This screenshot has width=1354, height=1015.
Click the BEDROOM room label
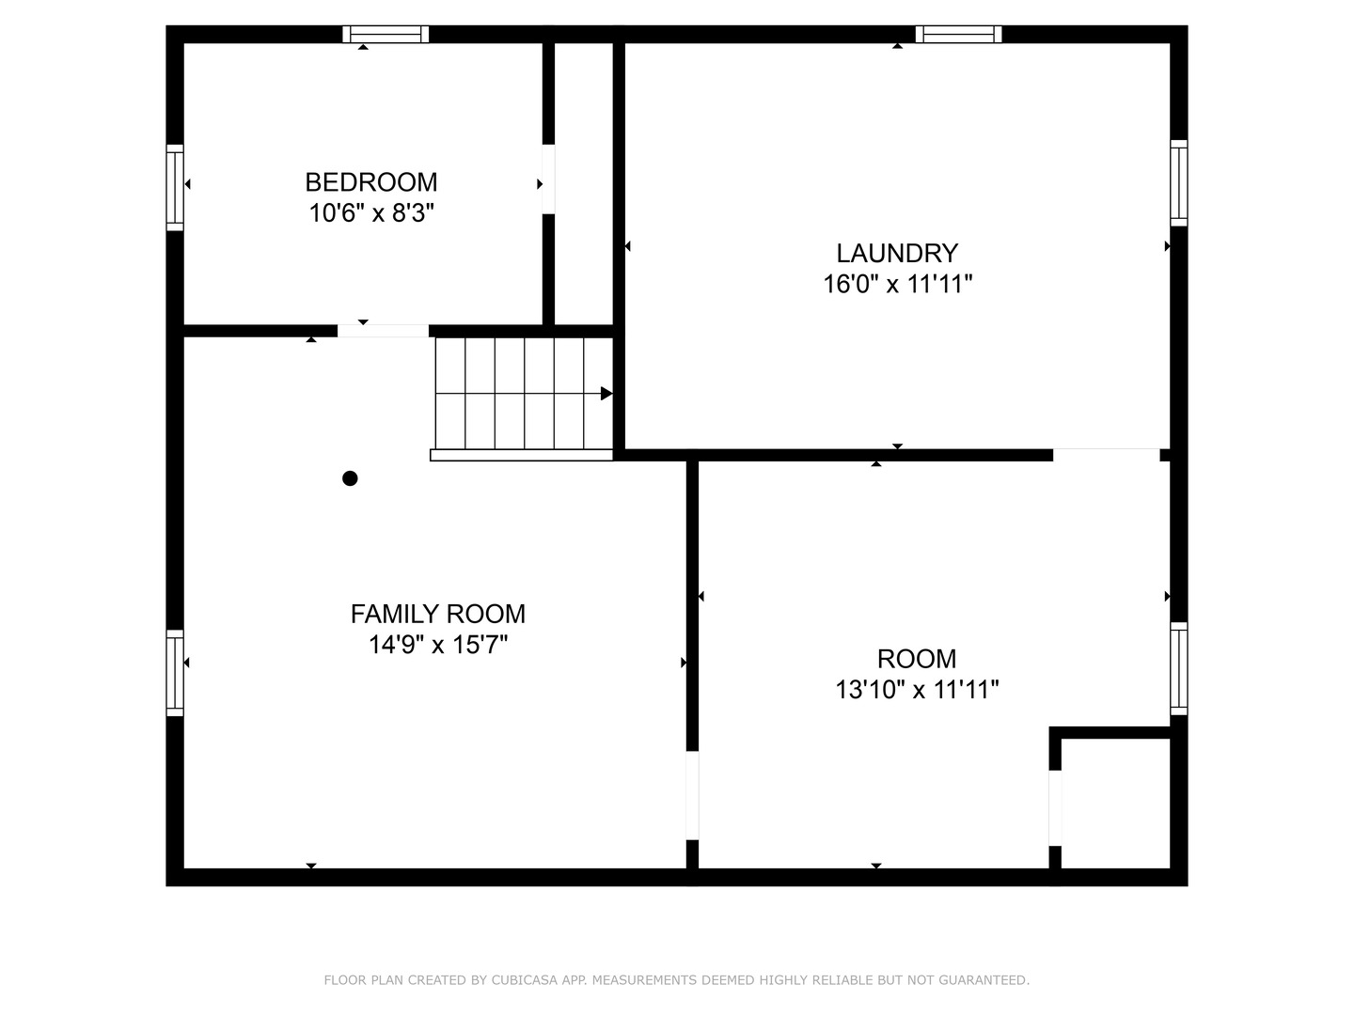[371, 181]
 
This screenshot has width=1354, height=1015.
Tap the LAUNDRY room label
[897, 253]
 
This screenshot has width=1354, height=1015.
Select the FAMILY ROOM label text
[437, 614]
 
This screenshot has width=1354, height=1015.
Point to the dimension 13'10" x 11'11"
[917, 690]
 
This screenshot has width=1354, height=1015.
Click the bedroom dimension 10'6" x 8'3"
[371, 213]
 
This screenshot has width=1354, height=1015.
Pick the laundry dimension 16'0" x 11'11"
[897, 284]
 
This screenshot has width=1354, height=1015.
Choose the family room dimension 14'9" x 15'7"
[437, 645]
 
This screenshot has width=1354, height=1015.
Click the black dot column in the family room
[350, 478]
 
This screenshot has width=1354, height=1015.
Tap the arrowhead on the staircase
[606, 394]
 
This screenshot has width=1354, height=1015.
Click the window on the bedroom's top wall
[386, 35]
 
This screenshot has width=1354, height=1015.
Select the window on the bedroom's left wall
[175, 187]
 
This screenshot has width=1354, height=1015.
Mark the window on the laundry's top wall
[958, 35]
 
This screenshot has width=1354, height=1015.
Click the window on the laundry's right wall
[1178, 183]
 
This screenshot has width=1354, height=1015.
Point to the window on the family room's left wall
[175, 673]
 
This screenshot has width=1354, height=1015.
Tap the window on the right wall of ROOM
[1178, 668]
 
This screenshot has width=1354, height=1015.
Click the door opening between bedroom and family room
[383, 331]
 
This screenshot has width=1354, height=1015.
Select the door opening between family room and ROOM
[692, 795]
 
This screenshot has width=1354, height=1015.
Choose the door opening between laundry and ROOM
[1106, 455]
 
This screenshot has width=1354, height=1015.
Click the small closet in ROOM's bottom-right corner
[1115, 804]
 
